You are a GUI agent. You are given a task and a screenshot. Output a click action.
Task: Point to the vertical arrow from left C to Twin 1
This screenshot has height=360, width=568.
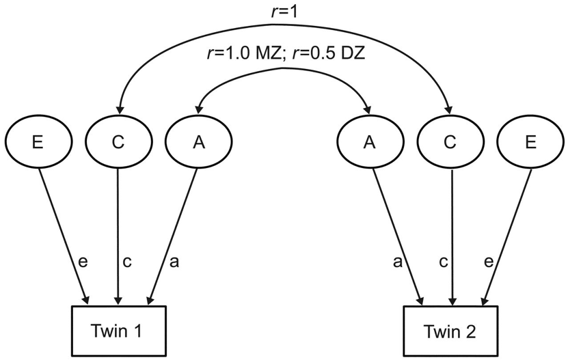[119, 225]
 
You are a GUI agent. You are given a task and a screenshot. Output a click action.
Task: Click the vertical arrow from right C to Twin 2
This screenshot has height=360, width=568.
[450, 225]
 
